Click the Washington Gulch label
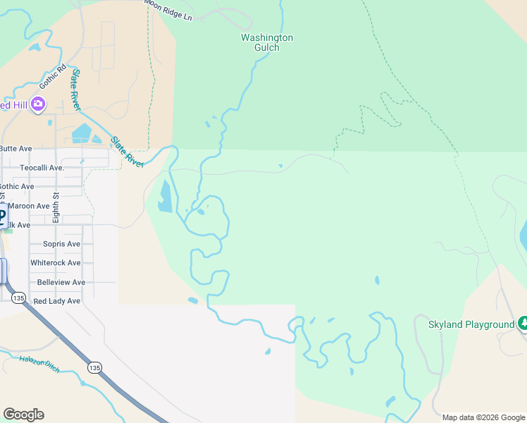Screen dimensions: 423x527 pyautogui.click(x=267, y=42)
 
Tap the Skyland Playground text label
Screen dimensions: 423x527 pyautogui.click(x=471, y=324)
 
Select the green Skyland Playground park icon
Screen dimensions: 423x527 pyautogui.click(x=523, y=324)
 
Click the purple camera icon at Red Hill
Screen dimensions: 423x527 pyautogui.click(x=38, y=104)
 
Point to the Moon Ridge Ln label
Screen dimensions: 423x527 pyautogui.click(x=168, y=8)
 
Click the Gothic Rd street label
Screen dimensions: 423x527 pyautogui.click(x=52, y=76)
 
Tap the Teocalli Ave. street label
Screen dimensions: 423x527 pyautogui.click(x=42, y=168)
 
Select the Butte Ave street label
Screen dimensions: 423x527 pyautogui.click(x=15, y=149)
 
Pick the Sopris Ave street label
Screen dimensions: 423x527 pyautogui.click(x=62, y=244)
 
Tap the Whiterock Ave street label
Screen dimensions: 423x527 pyautogui.click(x=56, y=263)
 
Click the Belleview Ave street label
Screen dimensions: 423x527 pyautogui.click(x=61, y=282)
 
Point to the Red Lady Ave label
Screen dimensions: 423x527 pyautogui.click(x=57, y=301)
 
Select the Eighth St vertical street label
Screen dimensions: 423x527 pyautogui.click(x=56, y=207)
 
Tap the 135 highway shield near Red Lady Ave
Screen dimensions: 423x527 pyautogui.click(x=19, y=299)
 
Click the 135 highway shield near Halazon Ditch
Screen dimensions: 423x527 pyautogui.click(x=94, y=367)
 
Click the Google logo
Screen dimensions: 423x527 pyautogui.click(x=23, y=415)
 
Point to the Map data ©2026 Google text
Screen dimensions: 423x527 pyautogui.click(x=483, y=417)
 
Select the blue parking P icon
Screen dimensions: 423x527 pyautogui.click(x=3, y=214)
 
